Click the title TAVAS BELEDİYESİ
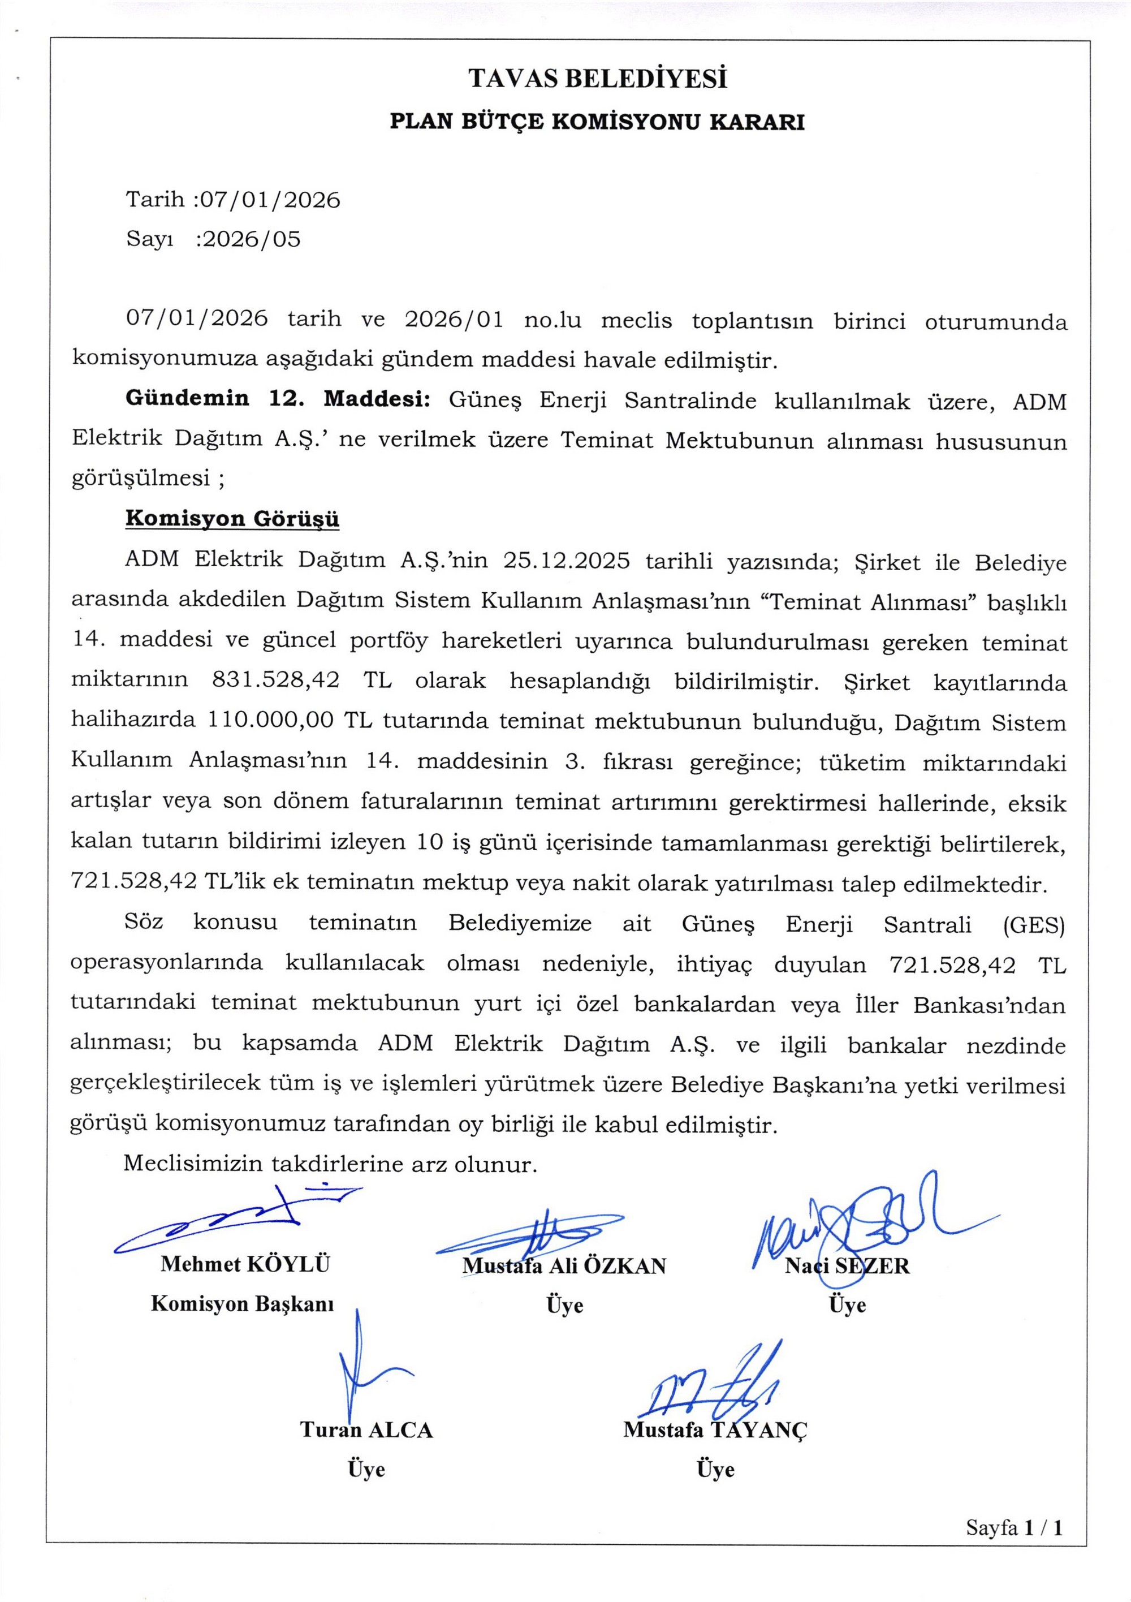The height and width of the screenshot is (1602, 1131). pos(597,79)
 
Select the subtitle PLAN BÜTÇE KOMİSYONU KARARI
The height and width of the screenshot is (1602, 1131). pos(597,122)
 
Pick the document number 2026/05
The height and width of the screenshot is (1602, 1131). pos(251,239)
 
